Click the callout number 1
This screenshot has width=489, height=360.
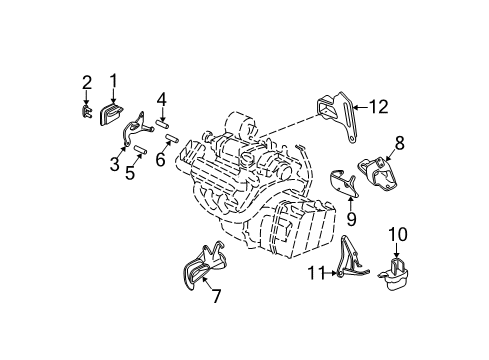(x=113, y=80)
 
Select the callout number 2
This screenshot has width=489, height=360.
(x=87, y=81)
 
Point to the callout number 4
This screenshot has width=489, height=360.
(x=161, y=98)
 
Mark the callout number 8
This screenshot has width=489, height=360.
(x=398, y=143)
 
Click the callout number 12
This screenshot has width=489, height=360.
(x=376, y=106)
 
